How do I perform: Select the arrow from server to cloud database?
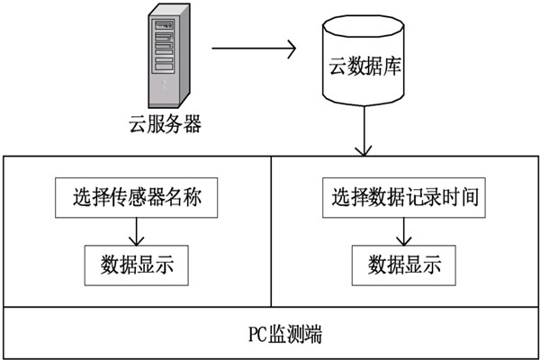pos(252,49)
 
